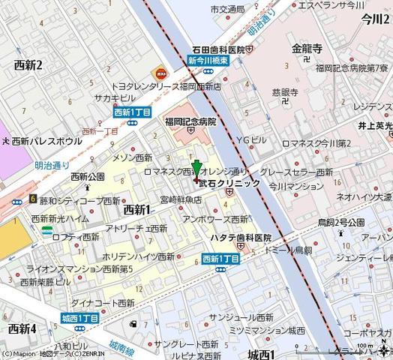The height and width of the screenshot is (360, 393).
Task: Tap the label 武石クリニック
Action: pos(229,182)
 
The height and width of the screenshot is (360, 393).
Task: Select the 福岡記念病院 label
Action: pos(190,121)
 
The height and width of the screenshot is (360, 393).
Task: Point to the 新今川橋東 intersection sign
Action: pos(211,60)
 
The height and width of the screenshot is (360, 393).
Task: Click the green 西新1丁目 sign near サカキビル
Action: pos(133,112)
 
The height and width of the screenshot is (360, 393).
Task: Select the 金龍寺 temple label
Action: pos(307,49)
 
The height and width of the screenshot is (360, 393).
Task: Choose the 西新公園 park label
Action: pos(87,177)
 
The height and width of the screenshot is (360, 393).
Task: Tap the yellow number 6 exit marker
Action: pos(33,199)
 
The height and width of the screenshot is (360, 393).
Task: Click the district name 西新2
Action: pos(28,65)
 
